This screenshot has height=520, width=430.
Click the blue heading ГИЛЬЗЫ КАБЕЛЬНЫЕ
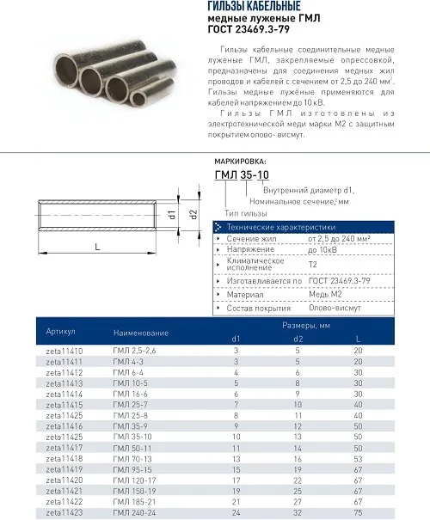tap(255, 6)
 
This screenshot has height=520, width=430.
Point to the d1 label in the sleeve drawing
tap(172, 215)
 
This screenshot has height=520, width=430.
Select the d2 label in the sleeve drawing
tap(194, 215)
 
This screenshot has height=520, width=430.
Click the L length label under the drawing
tap(97, 247)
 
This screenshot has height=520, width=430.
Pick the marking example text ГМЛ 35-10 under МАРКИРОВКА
tap(242, 174)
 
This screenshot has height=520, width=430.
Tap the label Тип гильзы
tap(245, 213)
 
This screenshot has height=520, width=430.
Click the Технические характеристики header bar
tap(304, 227)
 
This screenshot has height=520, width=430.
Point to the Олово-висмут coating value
tap(335, 308)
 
